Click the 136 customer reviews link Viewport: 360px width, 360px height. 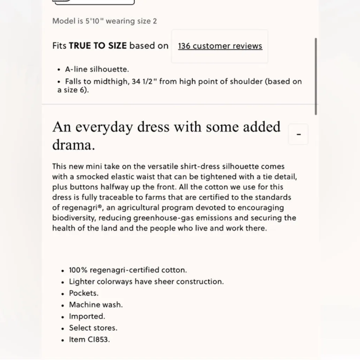pyautogui.click(x=220, y=46)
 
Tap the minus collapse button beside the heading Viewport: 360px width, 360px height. pyautogui.click(x=298, y=134)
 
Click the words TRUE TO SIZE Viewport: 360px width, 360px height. pyautogui.click(x=98, y=46)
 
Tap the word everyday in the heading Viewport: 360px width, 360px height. pyautogui.click(x=105, y=127)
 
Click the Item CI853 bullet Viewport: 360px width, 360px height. pyautogui.click(x=89, y=340)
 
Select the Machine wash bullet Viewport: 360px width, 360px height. pyautogui.click(x=96, y=305)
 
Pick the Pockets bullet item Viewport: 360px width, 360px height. pyautogui.click(x=83, y=293)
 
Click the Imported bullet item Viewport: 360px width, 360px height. pyautogui.click(x=87, y=316)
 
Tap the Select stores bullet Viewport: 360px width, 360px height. pyautogui.click(x=93, y=328)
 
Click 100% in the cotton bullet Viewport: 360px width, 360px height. pyautogui.click(x=78, y=270)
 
